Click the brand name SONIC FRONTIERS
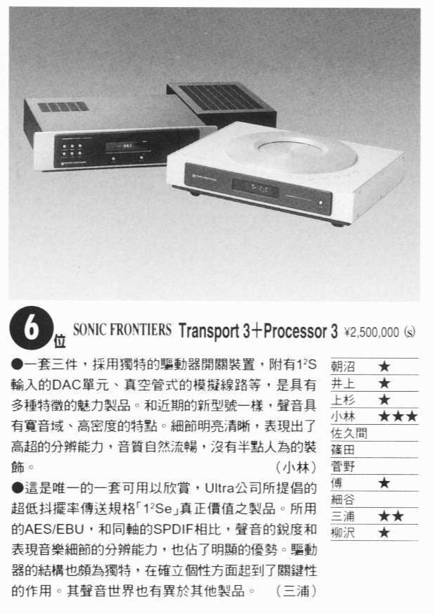(122, 329)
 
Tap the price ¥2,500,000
(371, 333)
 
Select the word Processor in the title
(296, 331)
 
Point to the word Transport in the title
(209, 331)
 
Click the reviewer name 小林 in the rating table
(343, 416)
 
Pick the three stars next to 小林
(398, 416)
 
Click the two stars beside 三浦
(391, 516)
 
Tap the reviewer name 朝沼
(343, 366)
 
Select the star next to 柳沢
(384, 532)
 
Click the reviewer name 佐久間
(349, 433)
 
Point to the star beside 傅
(384, 482)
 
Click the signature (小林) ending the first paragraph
(295, 467)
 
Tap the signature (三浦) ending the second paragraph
(295, 591)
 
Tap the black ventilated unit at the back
(222, 103)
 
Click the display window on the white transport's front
(255, 188)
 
